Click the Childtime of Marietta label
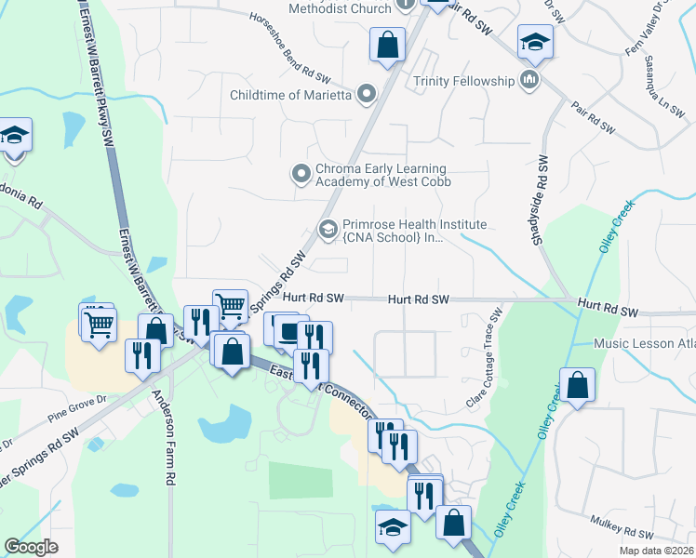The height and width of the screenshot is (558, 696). (x=289, y=94)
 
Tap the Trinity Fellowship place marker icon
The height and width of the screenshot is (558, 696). (x=530, y=81)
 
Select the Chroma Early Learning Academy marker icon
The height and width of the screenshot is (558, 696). (x=301, y=174)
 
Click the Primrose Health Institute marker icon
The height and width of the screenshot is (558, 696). (x=328, y=229)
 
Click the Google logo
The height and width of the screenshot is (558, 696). (x=32, y=547)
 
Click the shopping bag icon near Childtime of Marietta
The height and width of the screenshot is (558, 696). (x=387, y=44)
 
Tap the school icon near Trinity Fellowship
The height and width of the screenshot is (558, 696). (x=536, y=42)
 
